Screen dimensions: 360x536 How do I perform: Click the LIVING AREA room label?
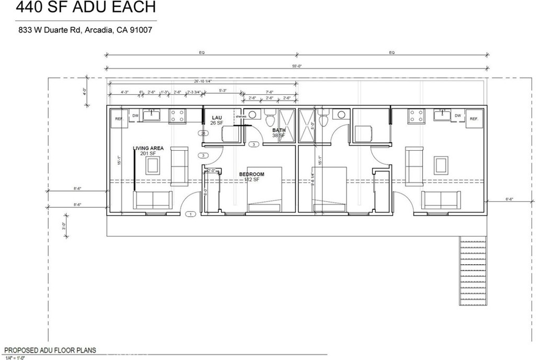148,148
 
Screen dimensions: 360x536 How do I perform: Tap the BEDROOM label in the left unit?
252,174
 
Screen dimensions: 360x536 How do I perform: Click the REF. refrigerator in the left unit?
118,119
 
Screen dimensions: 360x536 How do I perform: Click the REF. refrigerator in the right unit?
475,119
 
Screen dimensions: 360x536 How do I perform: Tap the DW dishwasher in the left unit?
135,116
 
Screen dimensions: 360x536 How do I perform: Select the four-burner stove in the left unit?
176,116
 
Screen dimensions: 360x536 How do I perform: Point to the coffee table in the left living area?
153,166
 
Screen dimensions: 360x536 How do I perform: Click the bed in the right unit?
330,189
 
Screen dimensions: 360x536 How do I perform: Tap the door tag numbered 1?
191,213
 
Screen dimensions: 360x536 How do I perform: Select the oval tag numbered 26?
203,133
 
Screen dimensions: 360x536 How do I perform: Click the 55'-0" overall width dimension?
297,66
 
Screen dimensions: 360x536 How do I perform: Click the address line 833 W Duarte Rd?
85,30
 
